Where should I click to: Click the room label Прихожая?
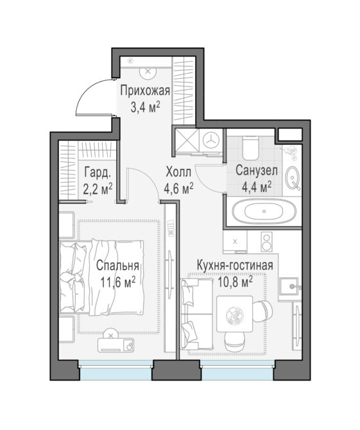coord(145,90)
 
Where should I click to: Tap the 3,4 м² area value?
coord(145,107)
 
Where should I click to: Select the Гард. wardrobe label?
coord(98,173)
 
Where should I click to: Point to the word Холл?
coord(178,173)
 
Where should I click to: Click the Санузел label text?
coord(257,171)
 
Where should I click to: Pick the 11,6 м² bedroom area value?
coord(118,282)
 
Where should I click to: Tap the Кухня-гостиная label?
coord(235,266)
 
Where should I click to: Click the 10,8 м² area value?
coord(235,282)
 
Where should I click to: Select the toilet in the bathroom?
coord(250,148)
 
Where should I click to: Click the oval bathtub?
coord(264,212)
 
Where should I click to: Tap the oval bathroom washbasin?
coord(293,178)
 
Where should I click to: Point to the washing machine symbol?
coord(211,141)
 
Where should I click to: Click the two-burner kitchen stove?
coord(266,242)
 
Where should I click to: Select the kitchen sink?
coord(289,286)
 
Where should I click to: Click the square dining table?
coord(234,314)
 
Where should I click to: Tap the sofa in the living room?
coord(197,313)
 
